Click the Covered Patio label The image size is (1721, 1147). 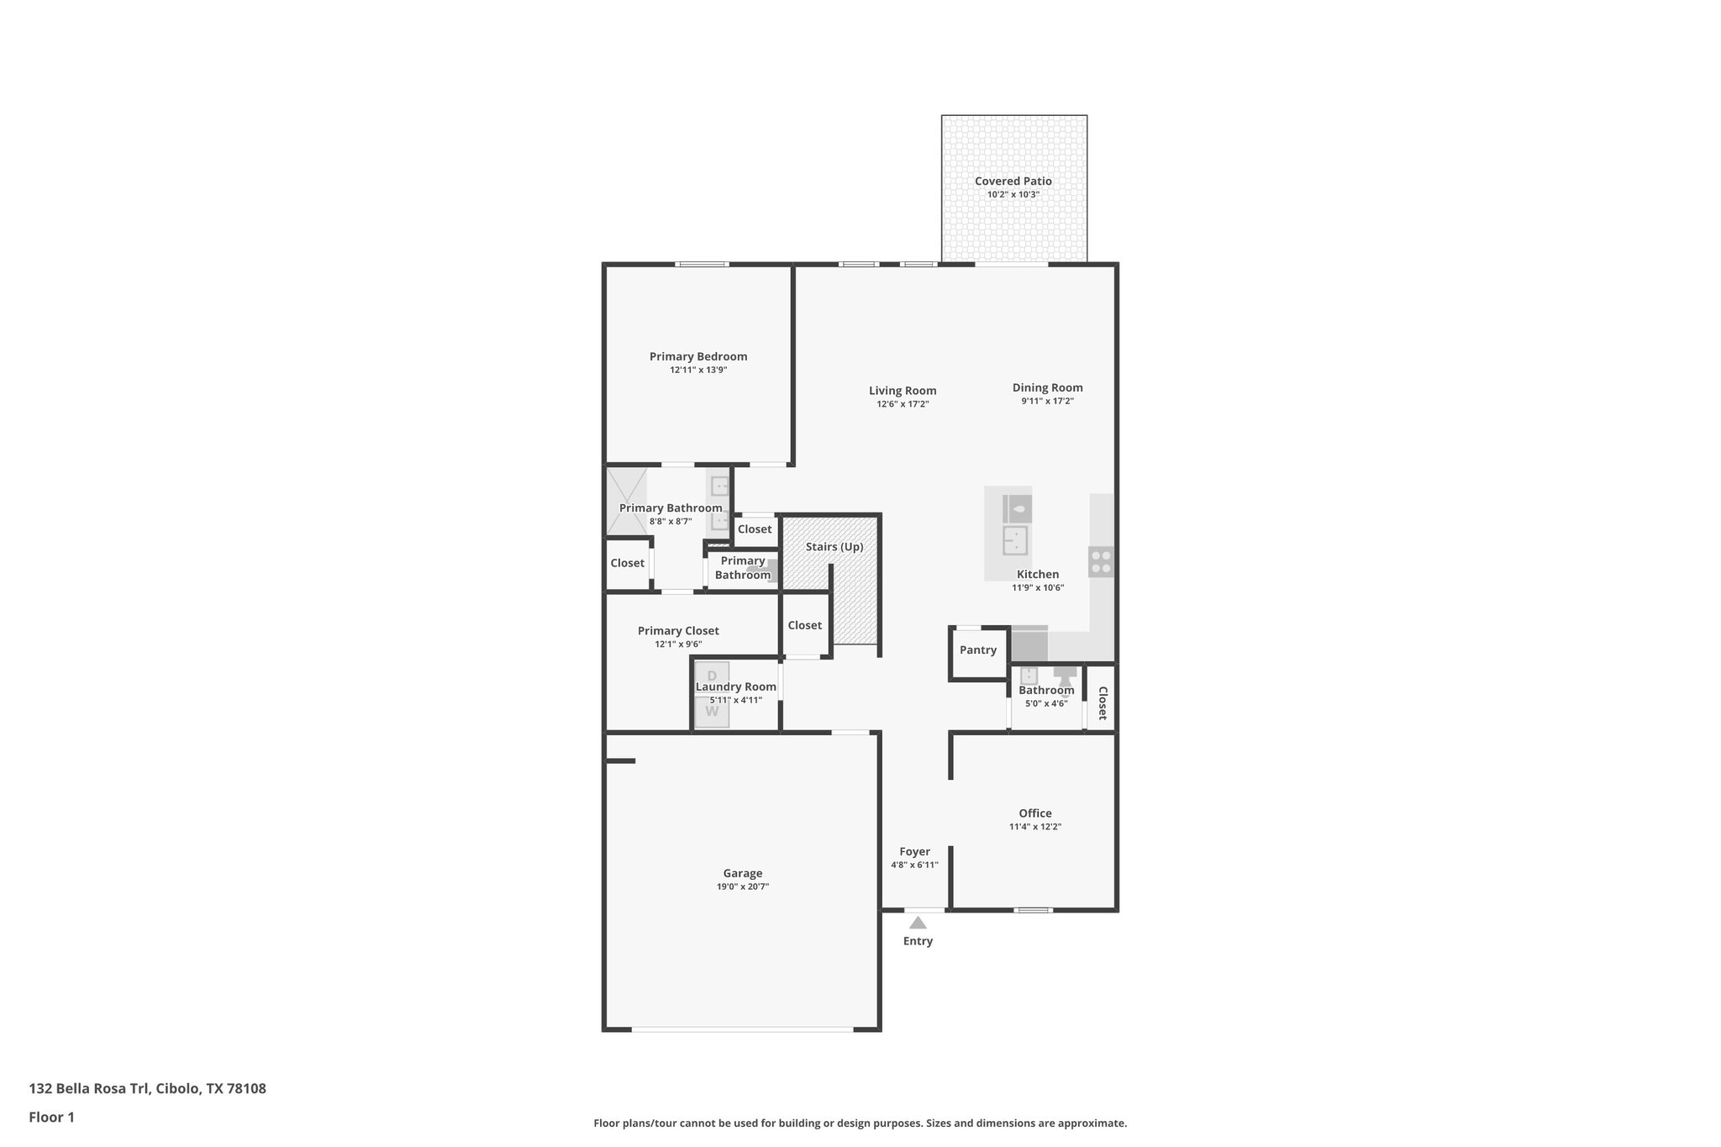pyautogui.click(x=1013, y=181)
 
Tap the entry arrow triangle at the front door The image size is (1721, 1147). pyautogui.click(x=918, y=923)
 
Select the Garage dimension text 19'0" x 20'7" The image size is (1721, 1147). pyautogui.click(x=742, y=887)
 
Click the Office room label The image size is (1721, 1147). pyautogui.click(x=1034, y=813)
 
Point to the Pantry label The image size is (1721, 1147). pyautogui.click(x=977, y=650)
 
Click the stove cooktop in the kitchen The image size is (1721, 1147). pyautogui.click(x=1101, y=561)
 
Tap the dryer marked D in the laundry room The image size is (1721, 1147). pyautogui.click(x=712, y=676)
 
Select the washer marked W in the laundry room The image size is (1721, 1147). pyautogui.click(x=712, y=712)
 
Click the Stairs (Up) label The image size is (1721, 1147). pyautogui.click(x=834, y=546)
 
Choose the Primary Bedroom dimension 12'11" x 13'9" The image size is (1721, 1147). pyautogui.click(x=697, y=370)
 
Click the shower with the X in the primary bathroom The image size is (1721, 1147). pyautogui.click(x=626, y=501)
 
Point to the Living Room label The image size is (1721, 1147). pyautogui.click(x=902, y=390)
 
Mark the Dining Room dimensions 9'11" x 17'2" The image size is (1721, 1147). pyautogui.click(x=1047, y=402)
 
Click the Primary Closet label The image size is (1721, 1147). pyautogui.click(x=677, y=630)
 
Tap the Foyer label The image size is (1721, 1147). pyautogui.click(x=914, y=851)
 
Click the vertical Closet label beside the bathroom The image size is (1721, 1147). pyautogui.click(x=1102, y=703)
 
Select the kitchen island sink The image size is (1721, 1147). pyautogui.click(x=1016, y=539)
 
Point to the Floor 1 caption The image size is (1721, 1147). pyautogui.click(x=51, y=1118)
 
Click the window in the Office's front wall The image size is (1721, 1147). pyautogui.click(x=1033, y=910)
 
